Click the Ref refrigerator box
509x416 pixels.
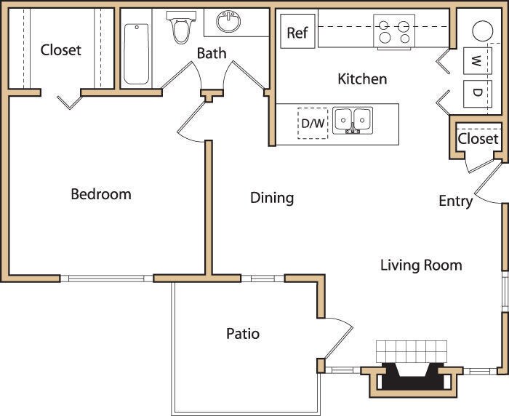click(x=297, y=33)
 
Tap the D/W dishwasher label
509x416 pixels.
click(x=313, y=123)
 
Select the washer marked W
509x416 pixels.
click(x=475, y=60)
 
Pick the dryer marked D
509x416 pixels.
click(x=475, y=92)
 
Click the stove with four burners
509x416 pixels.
click(x=393, y=31)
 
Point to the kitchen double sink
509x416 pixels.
click(x=353, y=120)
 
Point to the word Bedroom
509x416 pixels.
click(x=101, y=194)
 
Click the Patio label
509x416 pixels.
click(x=243, y=334)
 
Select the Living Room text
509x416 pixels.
click(x=421, y=265)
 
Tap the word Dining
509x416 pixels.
click(x=272, y=197)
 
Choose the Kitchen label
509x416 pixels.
click(x=362, y=79)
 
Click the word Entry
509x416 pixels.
click(x=455, y=201)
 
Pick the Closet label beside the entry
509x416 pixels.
click(x=478, y=138)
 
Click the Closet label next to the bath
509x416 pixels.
click(x=61, y=50)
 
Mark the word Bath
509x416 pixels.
click(x=212, y=53)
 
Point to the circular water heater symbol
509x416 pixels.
click(x=484, y=31)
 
